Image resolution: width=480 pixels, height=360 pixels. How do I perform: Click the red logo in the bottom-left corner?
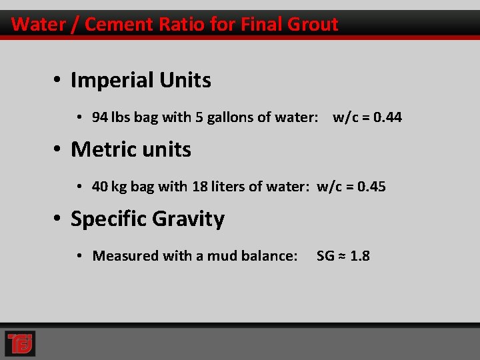click(x=20, y=343)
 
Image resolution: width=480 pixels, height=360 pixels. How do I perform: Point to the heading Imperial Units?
click(x=141, y=81)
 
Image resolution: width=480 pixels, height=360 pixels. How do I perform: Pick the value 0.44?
click(x=387, y=117)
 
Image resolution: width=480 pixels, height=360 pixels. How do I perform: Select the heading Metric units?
click(x=131, y=149)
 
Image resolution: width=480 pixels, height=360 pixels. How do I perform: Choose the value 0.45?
click(x=371, y=187)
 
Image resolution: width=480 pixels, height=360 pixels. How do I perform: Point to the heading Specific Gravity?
click(x=147, y=219)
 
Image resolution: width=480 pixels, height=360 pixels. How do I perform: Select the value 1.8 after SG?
click(x=359, y=256)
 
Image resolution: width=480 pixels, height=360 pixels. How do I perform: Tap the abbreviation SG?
click(x=325, y=256)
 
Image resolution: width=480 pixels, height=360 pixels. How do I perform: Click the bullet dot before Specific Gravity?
click(x=59, y=219)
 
